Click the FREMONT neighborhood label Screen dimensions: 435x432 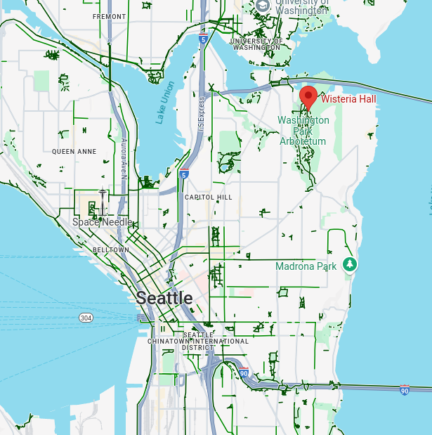pyautogui.click(x=110, y=16)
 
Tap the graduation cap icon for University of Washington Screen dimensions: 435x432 pyautogui.click(x=262, y=6)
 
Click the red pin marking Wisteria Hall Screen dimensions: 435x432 pyautogui.click(x=308, y=97)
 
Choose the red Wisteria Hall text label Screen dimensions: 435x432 pyautogui.click(x=348, y=99)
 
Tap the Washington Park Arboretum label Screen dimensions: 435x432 pyautogui.click(x=303, y=131)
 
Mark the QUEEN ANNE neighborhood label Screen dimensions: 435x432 pyautogui.click(x=74, y=151)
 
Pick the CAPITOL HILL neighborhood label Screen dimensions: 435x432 pyautogui.click(x=208, y=197)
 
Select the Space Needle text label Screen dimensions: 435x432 pyautogui.click(x=103, y=222)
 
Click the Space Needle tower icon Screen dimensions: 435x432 pyautogui.click(x=103, y=202)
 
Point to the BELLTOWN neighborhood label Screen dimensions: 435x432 pyautogui.click(x=111, y=249)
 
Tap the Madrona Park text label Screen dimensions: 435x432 pyautogui.click(x=306, y=266)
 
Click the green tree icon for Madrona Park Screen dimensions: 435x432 pyautogui.click(x=349, y=264)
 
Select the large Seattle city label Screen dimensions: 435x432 pyautogui.click(x=164, y=297)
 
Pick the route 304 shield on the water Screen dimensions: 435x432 pyautogui.click(x=86, y=318)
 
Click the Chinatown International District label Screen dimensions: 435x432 pyautogui.click(x=197, y=341)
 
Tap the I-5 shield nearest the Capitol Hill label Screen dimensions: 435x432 pyautogui.click(x=184, y=174)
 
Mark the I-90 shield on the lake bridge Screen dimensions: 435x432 pyautogui.click(x=404, y=390)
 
